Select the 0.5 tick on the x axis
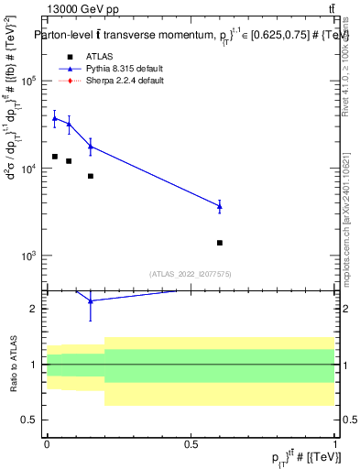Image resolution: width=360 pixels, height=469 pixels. coord(191,443)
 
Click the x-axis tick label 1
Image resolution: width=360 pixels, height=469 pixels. coord(334,443)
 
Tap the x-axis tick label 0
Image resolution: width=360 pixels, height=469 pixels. coord(47,443)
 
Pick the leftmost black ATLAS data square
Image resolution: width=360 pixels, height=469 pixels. coord(54,157)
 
